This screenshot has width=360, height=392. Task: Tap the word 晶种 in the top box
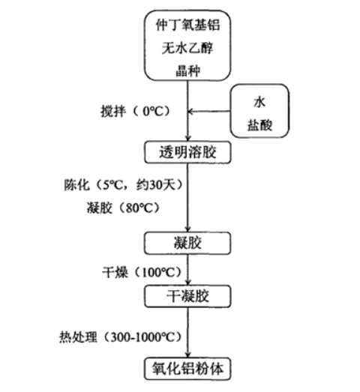(x=187, y=68)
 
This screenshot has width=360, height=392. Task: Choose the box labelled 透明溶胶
(x=187, y=152)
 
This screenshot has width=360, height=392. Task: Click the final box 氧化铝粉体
(x=187, y=368)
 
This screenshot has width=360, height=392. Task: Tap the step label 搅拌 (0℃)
(x=135, y=111)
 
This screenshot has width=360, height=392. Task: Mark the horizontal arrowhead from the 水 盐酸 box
(x=191, y=112)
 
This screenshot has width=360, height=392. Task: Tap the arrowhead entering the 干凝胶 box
(x=187, y=284)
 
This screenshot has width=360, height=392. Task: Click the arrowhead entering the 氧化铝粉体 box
(x=187, y=355)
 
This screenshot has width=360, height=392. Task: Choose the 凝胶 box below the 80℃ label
(x=187, y=242)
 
